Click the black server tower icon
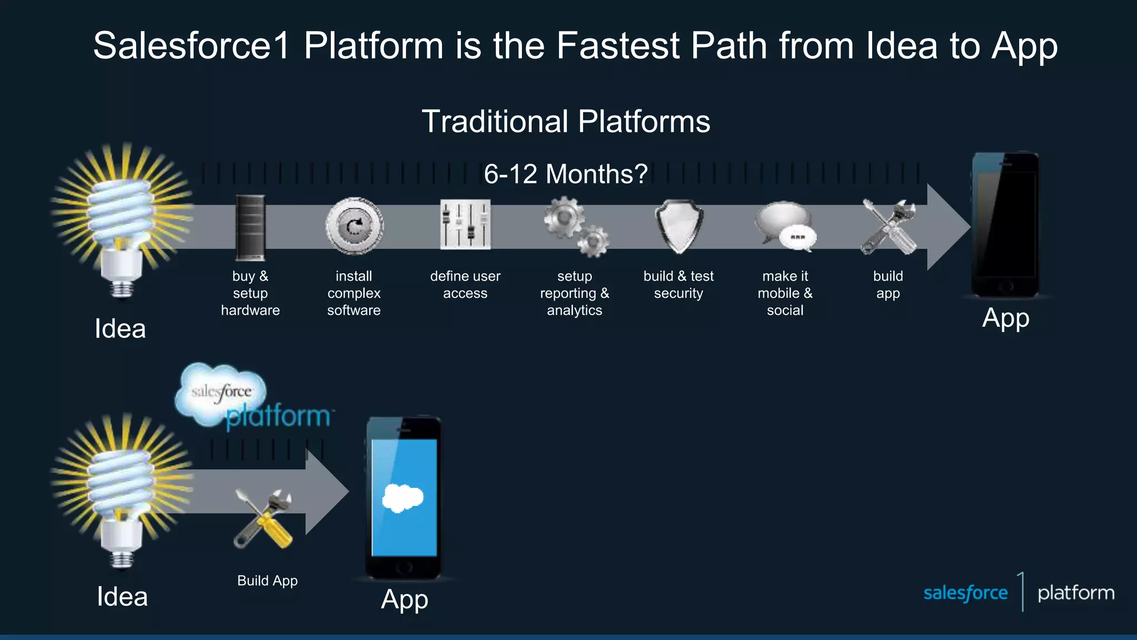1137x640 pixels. [250, 227]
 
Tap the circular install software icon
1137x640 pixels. [354, 227]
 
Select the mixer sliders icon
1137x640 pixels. [465, 225]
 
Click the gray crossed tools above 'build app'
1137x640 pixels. [888, 227]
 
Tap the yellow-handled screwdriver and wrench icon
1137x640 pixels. [263, 518]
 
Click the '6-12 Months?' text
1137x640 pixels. [566, 174]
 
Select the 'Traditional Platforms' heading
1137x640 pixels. [566, 121]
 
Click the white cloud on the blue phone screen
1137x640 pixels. [403, 498]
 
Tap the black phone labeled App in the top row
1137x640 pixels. [1005, 225]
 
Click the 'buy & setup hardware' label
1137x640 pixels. [250, 293]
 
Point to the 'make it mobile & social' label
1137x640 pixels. [785, 293]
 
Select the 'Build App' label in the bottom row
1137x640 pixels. [268, 581]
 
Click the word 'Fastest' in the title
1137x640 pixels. [618, 46]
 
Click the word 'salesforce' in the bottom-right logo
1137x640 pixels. [965, 593]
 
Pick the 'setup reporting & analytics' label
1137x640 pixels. [575, 293]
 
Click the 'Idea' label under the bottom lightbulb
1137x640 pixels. [122, 597]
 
